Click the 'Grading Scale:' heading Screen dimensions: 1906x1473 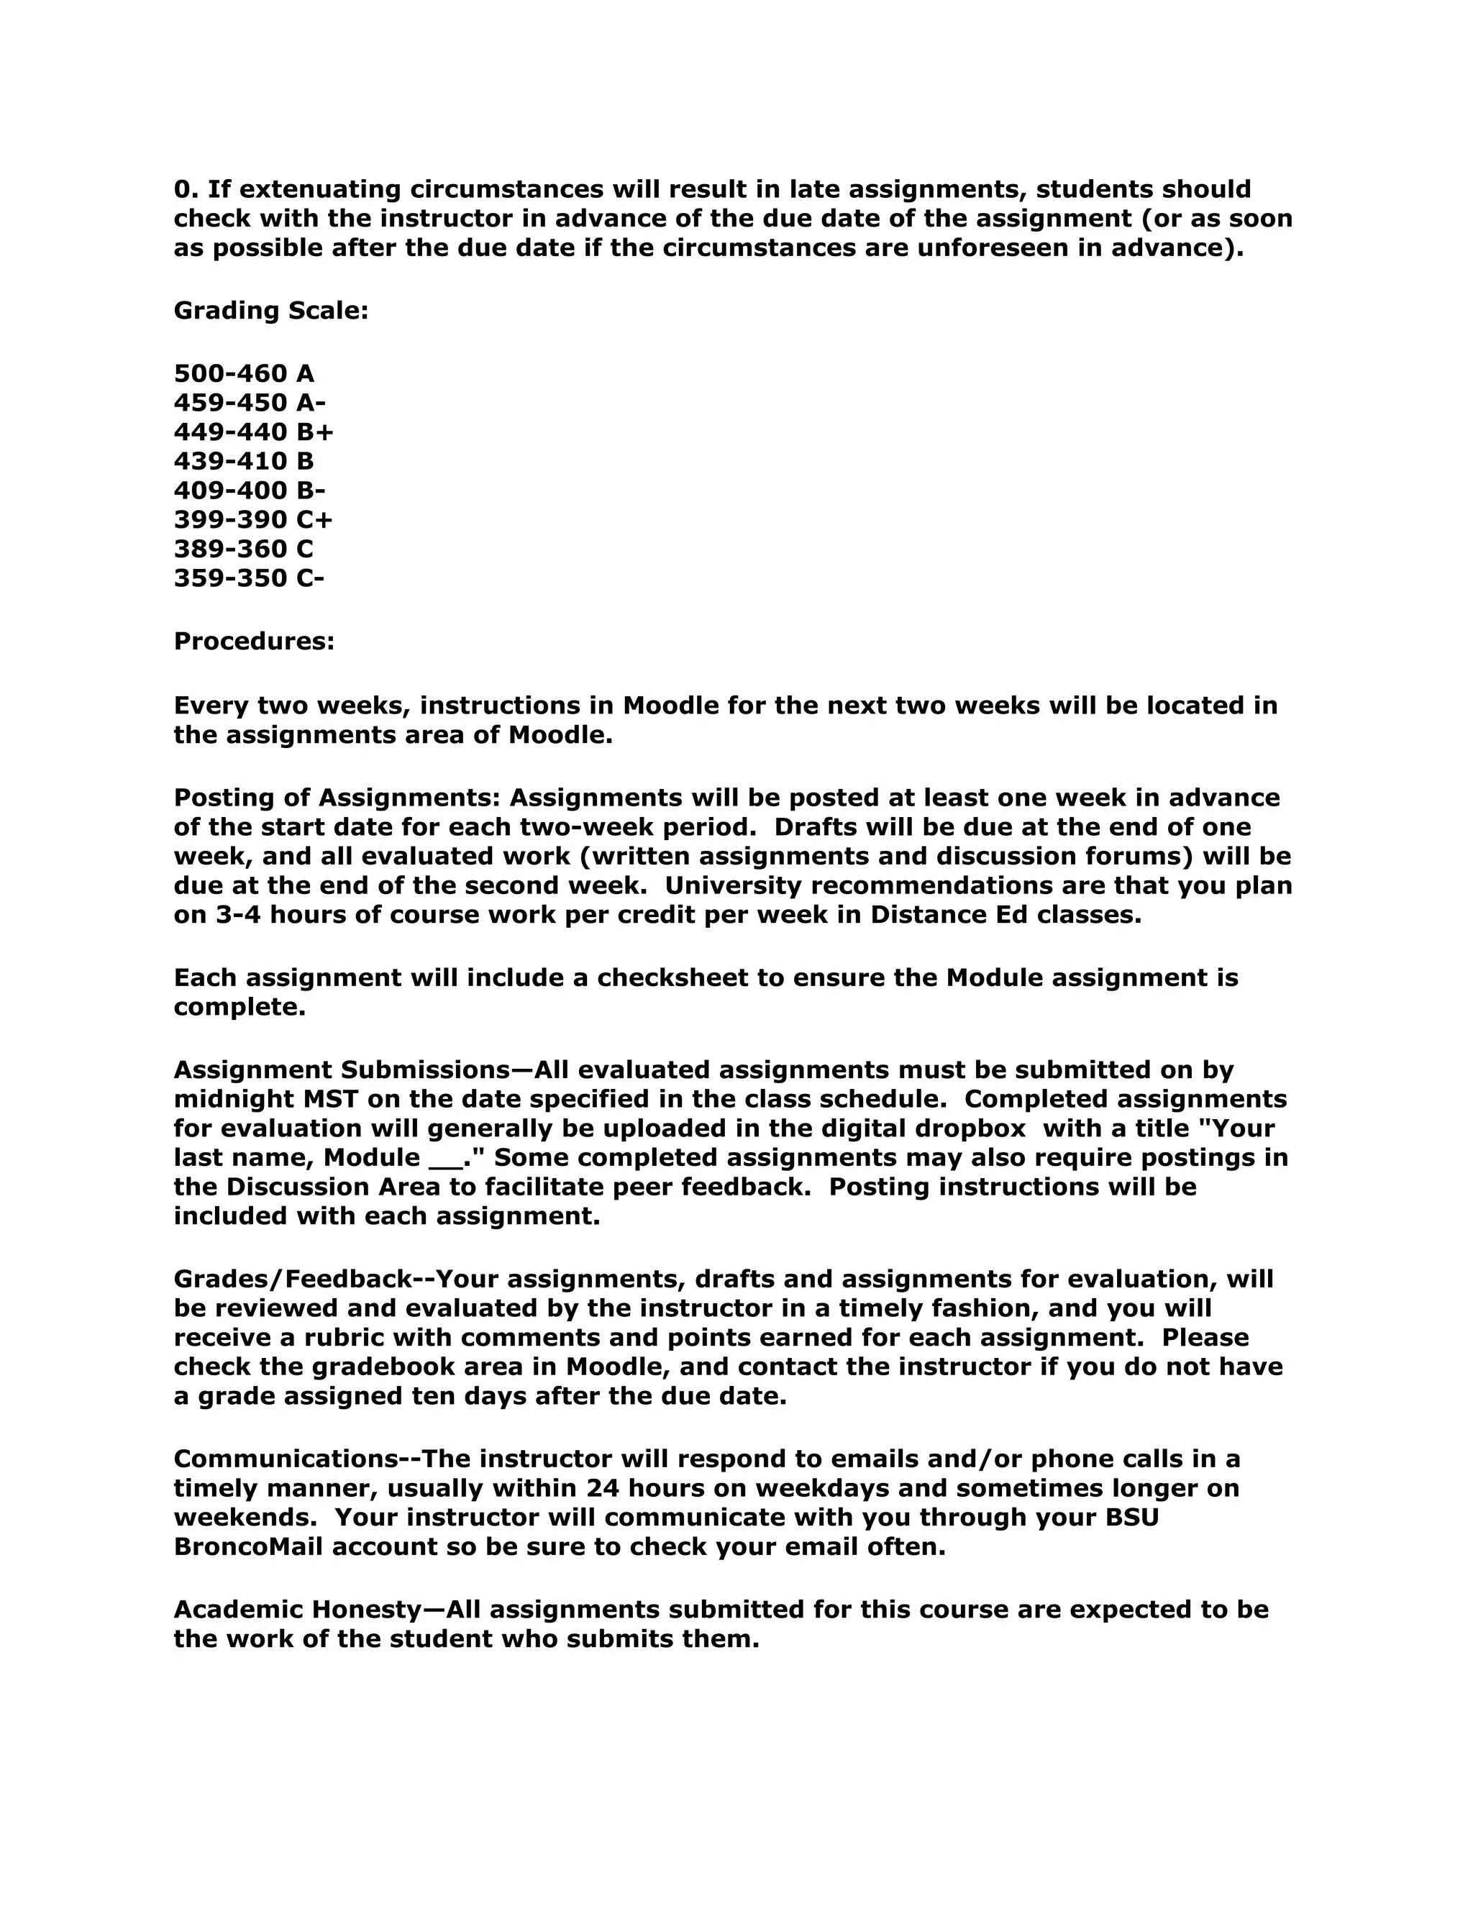tap(270, 311)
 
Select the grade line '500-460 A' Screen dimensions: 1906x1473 tap(244, 373)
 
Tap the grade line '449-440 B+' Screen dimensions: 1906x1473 tap(253, 432)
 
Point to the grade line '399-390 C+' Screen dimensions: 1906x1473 tap(253, 520)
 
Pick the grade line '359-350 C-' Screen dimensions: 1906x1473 tap(249, 578)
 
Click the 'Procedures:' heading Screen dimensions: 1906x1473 tap(254, 642)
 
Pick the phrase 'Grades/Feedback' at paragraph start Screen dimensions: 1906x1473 tap(291, 1280)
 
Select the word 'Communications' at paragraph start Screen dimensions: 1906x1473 tap(286, 1459)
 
